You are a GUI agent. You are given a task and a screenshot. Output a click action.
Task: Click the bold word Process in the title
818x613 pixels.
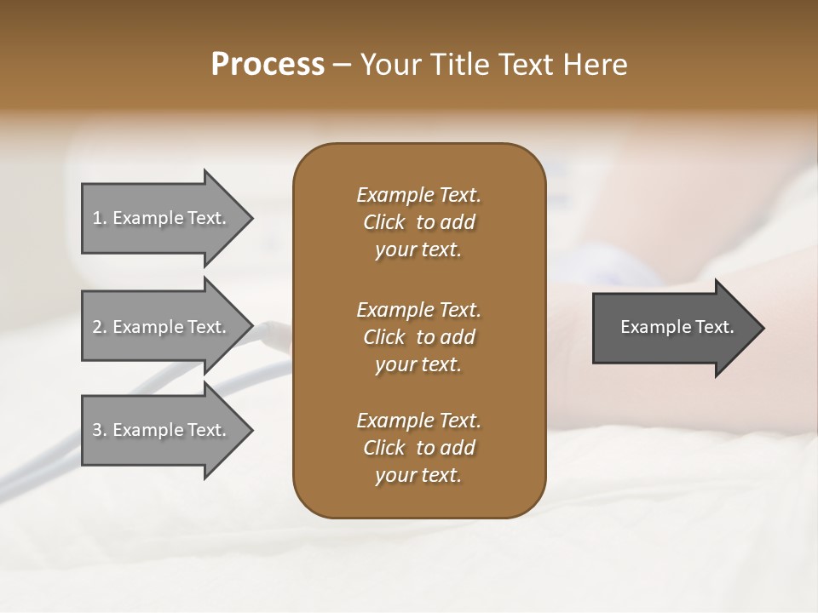[268, 65]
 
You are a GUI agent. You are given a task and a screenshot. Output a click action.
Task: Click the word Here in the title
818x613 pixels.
[594, 65]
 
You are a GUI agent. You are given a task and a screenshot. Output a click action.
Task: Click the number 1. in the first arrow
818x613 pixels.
[100, 218]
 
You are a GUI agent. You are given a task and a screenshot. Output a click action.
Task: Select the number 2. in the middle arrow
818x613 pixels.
[100, 327]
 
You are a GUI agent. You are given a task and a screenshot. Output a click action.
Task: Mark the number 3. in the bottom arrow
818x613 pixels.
[100, 430]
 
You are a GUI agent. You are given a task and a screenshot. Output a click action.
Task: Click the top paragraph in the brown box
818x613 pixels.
[418, 222]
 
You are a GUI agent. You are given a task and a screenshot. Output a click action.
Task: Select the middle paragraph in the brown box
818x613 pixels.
[418, 337]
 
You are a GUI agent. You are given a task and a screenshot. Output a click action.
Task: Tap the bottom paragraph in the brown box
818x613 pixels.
[418, 448]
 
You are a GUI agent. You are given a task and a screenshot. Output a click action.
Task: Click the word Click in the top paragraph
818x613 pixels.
[383, 222]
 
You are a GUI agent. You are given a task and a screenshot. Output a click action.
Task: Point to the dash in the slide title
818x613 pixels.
[343, 65]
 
